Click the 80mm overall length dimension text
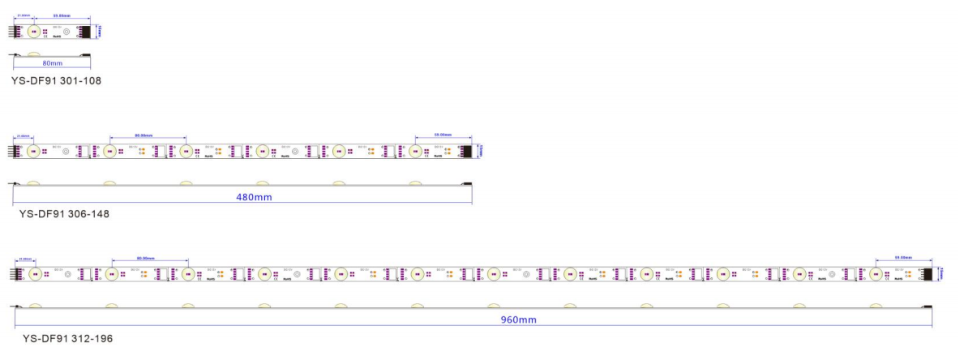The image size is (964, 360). point(52,62)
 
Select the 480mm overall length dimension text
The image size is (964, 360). point(242,197)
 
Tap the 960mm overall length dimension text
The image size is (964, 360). point(518,319)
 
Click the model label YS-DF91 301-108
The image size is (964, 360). point(56,81)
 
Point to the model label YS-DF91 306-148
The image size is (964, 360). point(65,214)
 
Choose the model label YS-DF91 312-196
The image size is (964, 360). point(68,337)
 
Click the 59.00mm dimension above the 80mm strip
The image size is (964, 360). point(62,15)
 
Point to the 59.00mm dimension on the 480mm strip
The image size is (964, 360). point(441,135)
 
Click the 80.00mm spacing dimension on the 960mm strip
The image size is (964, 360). point(145,258)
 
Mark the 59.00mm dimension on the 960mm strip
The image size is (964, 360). point(902,258)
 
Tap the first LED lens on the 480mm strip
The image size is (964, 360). point(32,151)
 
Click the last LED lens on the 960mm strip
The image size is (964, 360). point(876,274)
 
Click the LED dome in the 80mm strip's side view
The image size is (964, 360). point(34,54)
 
